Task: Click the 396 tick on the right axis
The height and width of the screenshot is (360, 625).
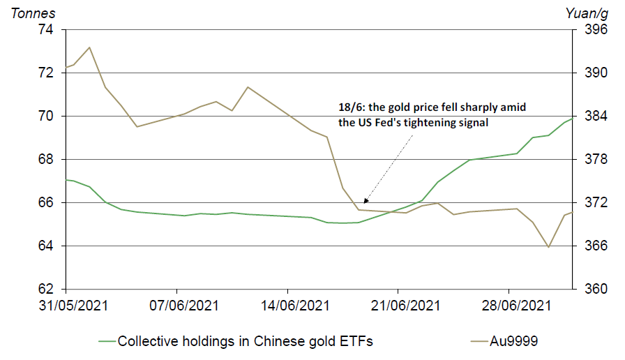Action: [x=589, y=29]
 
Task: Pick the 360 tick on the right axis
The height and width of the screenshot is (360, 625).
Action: [x=589, y=290]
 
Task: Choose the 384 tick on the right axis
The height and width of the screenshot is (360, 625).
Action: [x=589, y=117]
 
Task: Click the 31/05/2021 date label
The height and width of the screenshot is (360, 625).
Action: [x=66, y=305]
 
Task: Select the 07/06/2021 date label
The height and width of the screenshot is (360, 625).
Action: [x=177, y=305]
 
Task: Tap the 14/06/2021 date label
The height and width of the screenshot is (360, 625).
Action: [x=287, y=305]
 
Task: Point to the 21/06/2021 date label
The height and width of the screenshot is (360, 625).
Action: [x=398, y=305]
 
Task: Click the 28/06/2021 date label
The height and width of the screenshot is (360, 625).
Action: [x=509, y=305]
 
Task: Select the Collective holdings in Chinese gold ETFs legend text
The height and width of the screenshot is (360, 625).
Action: [x=246, y=341]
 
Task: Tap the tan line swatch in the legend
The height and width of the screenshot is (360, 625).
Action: [x=478, y=341]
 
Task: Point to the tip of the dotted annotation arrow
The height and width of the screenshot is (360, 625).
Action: [x=364, y=202]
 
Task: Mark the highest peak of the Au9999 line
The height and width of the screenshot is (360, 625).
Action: [x=89, y=47]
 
